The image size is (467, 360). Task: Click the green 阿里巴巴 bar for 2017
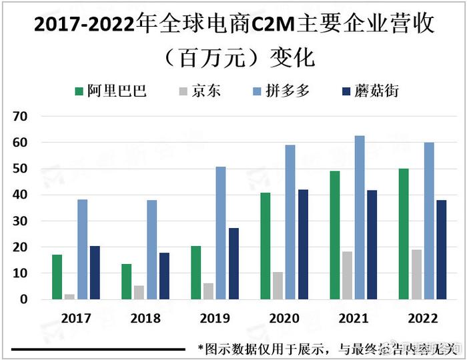pos(57,277)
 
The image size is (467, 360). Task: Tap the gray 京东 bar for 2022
pos(416,274)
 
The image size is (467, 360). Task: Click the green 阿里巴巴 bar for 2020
pos(265,246)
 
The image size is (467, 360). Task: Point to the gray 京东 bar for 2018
pos(139,293)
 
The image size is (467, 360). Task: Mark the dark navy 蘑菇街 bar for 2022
pos(442,249)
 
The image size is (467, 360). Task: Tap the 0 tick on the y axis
pos(24,299)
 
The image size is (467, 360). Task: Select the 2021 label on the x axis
pos(354,319)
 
